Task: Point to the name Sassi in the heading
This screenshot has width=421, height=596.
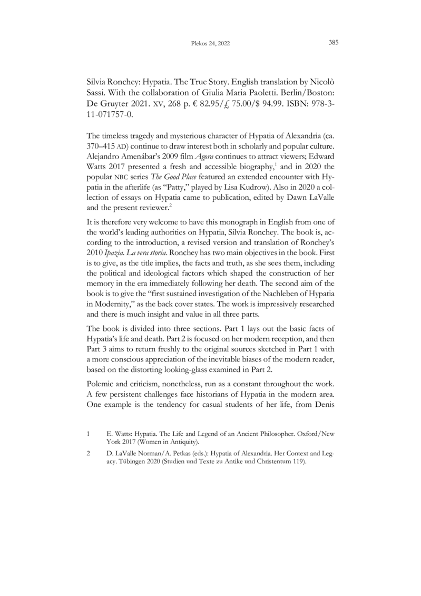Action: coord(98,97)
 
